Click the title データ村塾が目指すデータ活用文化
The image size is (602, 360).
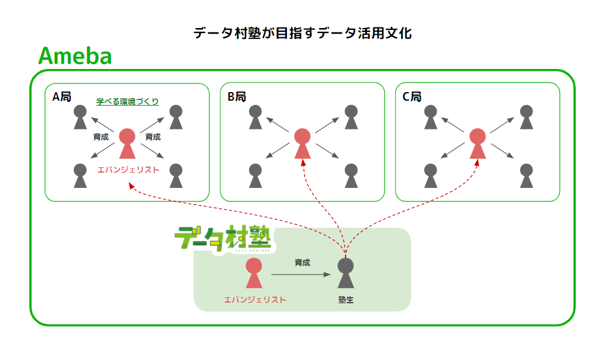click(302, 34)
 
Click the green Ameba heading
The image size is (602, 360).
click(74, 56)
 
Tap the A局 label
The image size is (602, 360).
click(62, 97)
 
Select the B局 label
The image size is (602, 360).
click(237, 97)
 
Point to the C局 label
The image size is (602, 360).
click(412, 97)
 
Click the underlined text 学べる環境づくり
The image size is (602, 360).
click(128, 101)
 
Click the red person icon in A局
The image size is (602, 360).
click(127, 144)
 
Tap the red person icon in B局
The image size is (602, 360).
click(302, 144)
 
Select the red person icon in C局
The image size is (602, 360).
click(477, 144)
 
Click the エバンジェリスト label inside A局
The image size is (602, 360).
click(128, 170)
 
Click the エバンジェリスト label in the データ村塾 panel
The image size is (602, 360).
click(255, 300)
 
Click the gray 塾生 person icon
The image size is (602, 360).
click(346, 273)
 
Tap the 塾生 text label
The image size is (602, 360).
click(346, 300)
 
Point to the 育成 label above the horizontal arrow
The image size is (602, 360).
click(302, 262)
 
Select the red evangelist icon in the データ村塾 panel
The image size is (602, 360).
click(254, 273)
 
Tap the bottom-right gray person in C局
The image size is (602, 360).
click(526, 176)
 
